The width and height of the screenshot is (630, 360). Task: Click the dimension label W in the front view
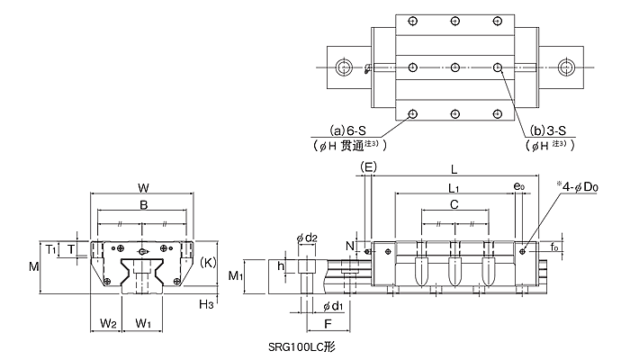(x=143, y=187)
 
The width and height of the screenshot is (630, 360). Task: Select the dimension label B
(x=143, y=205)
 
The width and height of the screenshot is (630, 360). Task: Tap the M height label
(x=34, y=266)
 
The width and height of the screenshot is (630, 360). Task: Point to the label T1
(x=50, y=250)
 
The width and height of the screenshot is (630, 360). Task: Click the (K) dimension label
(x=208, y=263)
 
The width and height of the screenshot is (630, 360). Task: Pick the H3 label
(x=206, y=304)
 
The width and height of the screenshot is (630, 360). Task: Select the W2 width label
(x=108, y=323)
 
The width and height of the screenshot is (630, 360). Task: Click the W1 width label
(x=143, y=323)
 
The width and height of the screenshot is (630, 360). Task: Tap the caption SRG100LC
(x=296, y=346)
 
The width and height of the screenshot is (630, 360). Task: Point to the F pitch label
(x=328, y=324)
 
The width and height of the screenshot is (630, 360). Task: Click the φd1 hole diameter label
(x=333, y=307)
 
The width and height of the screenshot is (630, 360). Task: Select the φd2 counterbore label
(x=307, y=238)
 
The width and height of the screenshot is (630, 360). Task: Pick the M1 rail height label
(x=236, y=276)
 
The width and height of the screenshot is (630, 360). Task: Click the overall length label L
(x=454, y=169)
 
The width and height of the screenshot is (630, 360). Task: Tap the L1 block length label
(x=454, y=188)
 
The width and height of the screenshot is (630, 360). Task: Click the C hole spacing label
(x=454, y=204)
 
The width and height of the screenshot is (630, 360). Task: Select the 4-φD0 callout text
(x=578, y=187)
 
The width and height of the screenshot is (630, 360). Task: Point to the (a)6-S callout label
(x=347, y=130)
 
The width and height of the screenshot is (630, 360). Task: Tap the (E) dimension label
(x=368, y=166)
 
